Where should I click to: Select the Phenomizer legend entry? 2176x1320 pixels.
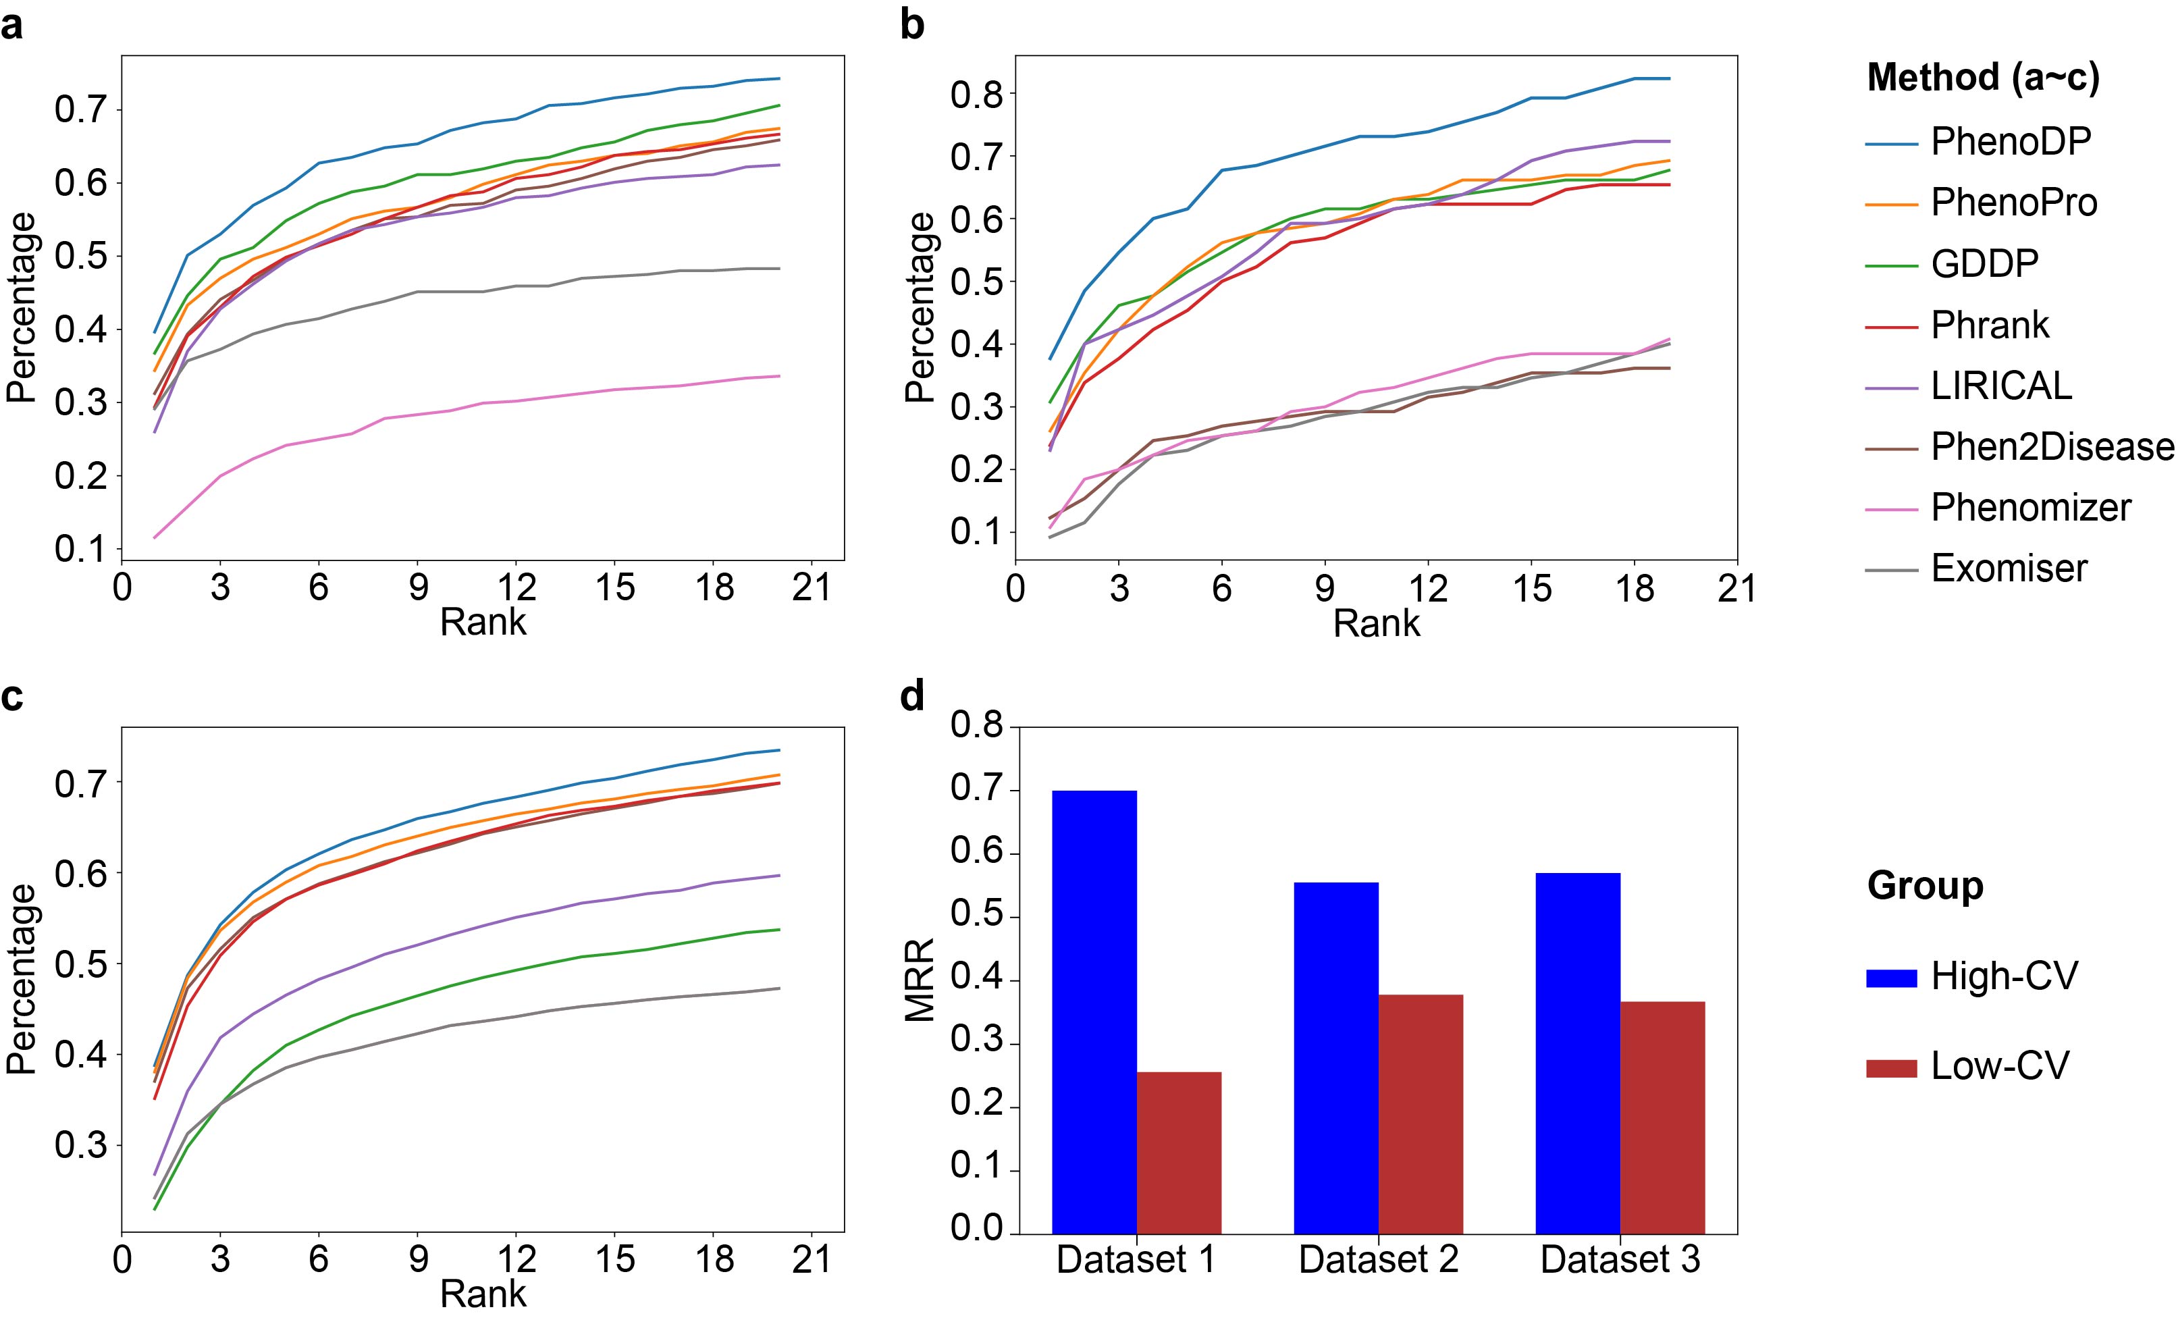coord(2030,508)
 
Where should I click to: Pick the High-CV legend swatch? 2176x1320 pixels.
coord(1892,978)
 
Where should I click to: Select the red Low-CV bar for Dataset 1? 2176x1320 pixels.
coord(1179,1153)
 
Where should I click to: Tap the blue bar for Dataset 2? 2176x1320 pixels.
coord(1336,1058)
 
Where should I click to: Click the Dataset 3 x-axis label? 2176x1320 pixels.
coord(1620,1260)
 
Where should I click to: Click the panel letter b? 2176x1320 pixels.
coord(912,25)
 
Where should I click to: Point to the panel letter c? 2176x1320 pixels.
coord(12,697)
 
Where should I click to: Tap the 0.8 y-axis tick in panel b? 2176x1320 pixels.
coord(978,95)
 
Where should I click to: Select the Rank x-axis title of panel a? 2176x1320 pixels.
coord(483,623)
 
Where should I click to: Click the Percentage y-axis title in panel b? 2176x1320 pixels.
coord(920,307)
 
